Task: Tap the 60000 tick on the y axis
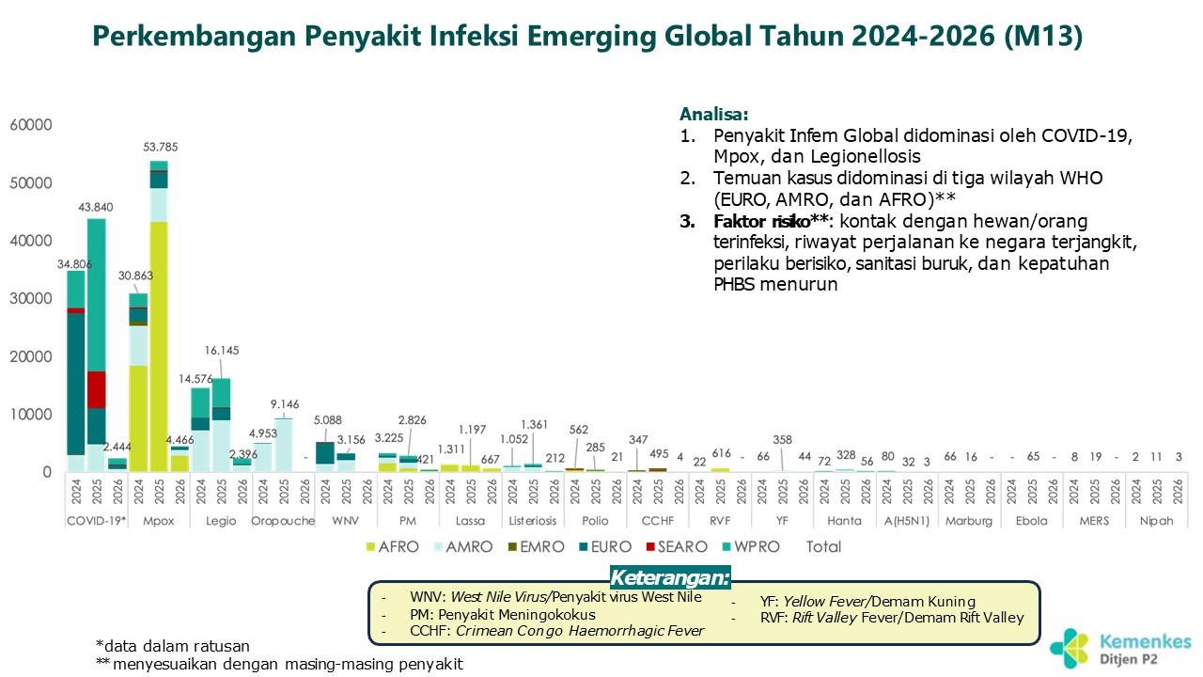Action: [31, 125]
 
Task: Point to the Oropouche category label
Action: [283, 521]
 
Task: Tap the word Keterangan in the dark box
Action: [669, 576]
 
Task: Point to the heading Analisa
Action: [714, 115]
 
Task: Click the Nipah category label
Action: [1157, 521]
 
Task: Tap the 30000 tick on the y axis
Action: [31, 299]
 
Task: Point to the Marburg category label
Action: [969, 521]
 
